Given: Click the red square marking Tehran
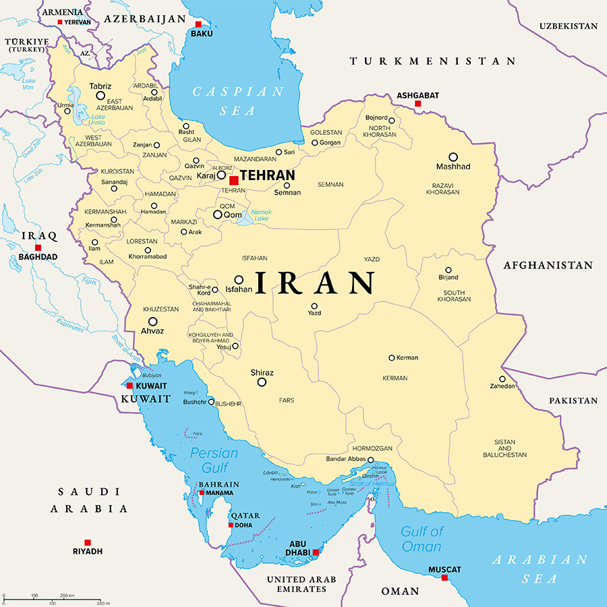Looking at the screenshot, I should click(x=233, y=180).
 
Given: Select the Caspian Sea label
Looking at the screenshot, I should click(x=239, y=100).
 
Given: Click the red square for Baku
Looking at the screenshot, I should click(x=198, y=24).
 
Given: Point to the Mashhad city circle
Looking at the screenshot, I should click(x=453, y=156).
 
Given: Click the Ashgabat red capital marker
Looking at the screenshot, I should click(x=417, y=104).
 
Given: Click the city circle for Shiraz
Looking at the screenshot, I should click(x=262, y=382).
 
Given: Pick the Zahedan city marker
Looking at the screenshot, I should click(x=502, y=378).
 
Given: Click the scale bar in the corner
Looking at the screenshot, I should click(x=52, y=600).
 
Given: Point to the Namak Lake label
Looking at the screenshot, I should click(x=261, y=214).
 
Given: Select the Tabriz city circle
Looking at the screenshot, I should click(x=100, y=96).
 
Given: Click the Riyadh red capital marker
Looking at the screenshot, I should click(x=87, y=542).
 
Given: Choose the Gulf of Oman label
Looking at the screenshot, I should click(x=422, y=538).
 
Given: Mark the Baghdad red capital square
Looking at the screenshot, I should click(x=38, y=248).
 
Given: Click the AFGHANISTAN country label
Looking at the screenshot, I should click(x=548, y=265).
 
